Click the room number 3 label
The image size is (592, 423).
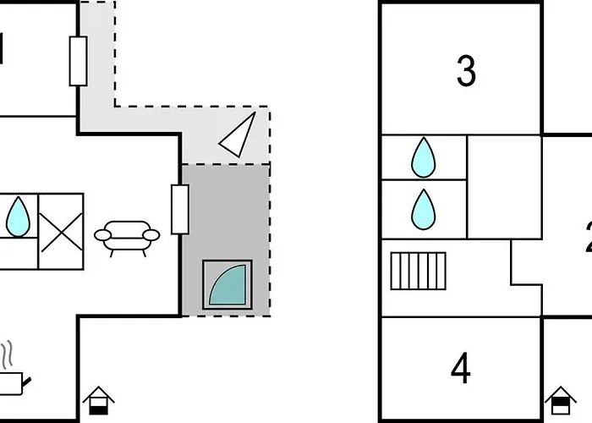click(466, 72)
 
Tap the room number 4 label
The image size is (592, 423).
click(461, 368)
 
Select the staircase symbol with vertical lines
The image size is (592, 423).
click(418, 272)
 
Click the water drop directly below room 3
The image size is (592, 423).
click(424, 157)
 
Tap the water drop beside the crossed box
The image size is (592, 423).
click(17, 217)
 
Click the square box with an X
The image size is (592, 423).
click(62, 231)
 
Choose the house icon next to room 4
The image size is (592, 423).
click(560, 400)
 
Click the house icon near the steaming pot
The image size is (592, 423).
click(98, 399)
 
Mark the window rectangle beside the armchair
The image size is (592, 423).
click(179, 209)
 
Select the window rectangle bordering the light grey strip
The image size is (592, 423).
click(78, 61)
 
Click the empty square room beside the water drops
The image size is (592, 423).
click(504, 186)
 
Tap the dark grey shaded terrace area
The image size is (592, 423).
click(224, 211)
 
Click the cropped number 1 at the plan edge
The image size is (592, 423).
click(3, 49)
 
